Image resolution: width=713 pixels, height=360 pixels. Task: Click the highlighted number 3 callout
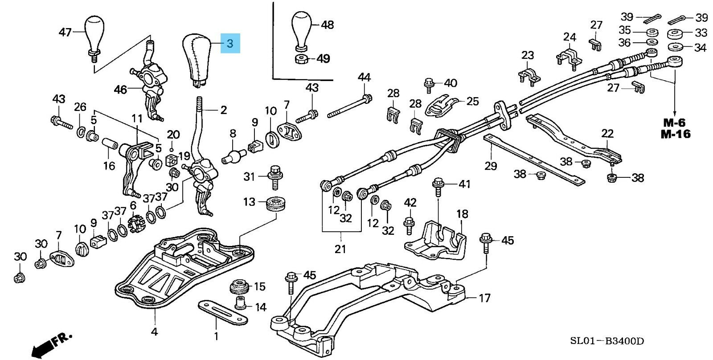click(x=230, y=43)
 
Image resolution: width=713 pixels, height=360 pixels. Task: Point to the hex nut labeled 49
click(x=301, y=59)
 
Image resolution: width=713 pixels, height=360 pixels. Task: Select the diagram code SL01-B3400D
click(x=606, y=341)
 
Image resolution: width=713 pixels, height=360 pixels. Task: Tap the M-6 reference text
click(x=674, y=123)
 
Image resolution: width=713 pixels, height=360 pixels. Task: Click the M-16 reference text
click(x=676, y=134)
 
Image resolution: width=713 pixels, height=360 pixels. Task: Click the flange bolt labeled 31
click(x=276, y=177)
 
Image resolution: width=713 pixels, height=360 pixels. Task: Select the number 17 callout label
click(x=484, y=298)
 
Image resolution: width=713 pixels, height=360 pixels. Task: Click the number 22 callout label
click(x=607, y=133)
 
